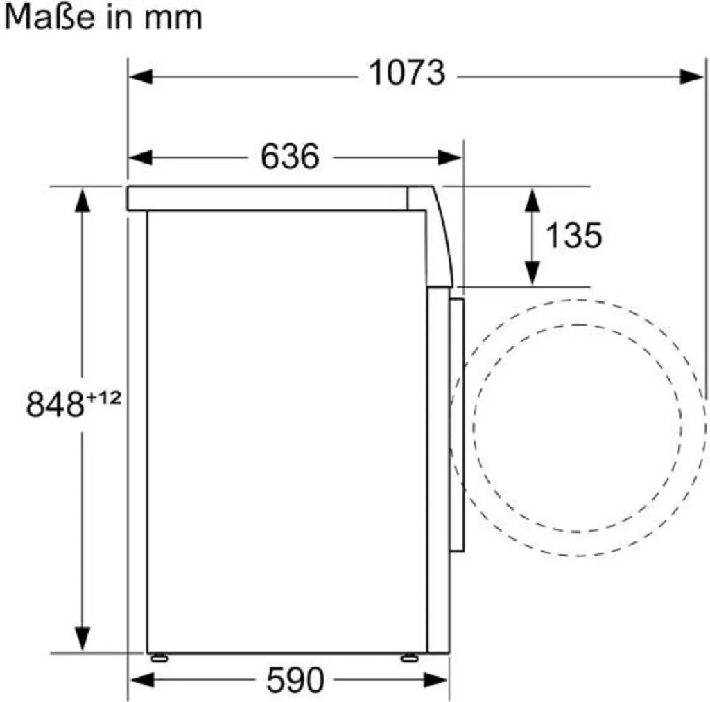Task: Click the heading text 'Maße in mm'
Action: [x=103, y=17]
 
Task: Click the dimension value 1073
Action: [x=406, y=73]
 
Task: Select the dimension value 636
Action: [x=290, y=157]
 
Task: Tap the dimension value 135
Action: [x=573, y=236]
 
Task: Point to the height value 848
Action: [x=55, y=404]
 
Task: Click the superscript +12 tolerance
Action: [x=104, y=398]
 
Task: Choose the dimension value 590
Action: [x=295, y=681]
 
